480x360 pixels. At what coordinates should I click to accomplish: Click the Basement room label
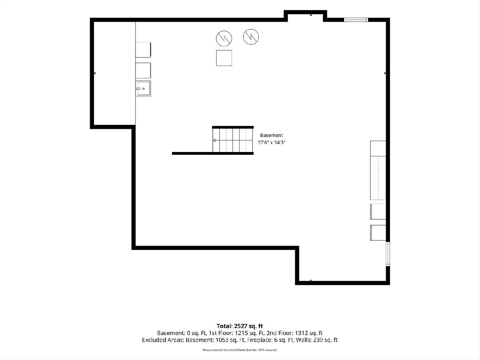click(271, 135)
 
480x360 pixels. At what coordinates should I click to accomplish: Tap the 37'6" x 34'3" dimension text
click(272, 142)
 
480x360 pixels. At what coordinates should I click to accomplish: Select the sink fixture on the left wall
click(143, 88)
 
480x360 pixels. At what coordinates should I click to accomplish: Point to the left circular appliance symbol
click(224, 38)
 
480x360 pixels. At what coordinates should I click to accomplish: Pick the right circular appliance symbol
click(251, 37)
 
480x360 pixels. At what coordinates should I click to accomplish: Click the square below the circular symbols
click(224, 58)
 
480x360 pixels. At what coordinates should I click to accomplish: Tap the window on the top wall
click(356, 20)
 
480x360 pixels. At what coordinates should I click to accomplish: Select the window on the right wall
click(388, 254)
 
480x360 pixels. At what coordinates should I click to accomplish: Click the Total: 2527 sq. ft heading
click(240, 326)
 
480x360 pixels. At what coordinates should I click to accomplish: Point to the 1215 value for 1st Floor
click(242, 333)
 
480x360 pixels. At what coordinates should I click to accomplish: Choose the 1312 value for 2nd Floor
click(302, 333)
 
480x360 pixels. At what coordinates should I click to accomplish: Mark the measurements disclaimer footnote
click(240, 350)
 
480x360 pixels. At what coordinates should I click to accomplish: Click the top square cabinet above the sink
click(143, 50)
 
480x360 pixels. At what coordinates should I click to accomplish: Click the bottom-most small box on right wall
click(378, 233)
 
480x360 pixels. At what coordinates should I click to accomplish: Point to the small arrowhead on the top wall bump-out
click(311, 15)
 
